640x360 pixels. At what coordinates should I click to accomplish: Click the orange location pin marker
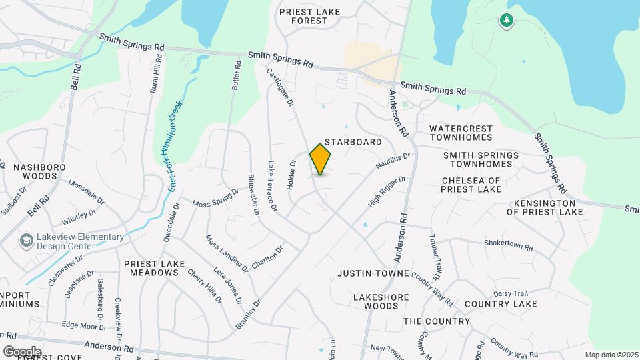coord(320,159)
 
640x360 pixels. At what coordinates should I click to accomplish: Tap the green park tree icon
coord(507,21)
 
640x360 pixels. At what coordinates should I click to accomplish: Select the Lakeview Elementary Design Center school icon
coord(27,240)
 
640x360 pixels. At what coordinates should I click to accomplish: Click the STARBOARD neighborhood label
coord(353,142)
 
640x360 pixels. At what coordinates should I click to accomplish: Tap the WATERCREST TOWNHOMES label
coord(461,133)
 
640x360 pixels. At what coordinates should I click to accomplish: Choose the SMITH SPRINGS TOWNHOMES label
coord(481,159)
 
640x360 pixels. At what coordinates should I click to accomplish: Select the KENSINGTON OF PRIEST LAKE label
coord(544,207)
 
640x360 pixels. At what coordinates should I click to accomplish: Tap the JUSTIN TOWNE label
coord(372,273)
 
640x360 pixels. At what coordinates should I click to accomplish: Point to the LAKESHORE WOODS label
coord(376,301)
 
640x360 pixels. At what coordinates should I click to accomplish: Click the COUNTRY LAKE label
coord(501,304)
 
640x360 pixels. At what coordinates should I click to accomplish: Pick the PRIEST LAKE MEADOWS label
coord(154,269)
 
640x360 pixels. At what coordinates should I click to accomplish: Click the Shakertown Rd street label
coord(509,245)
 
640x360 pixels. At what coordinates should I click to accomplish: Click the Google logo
coord(22,351)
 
